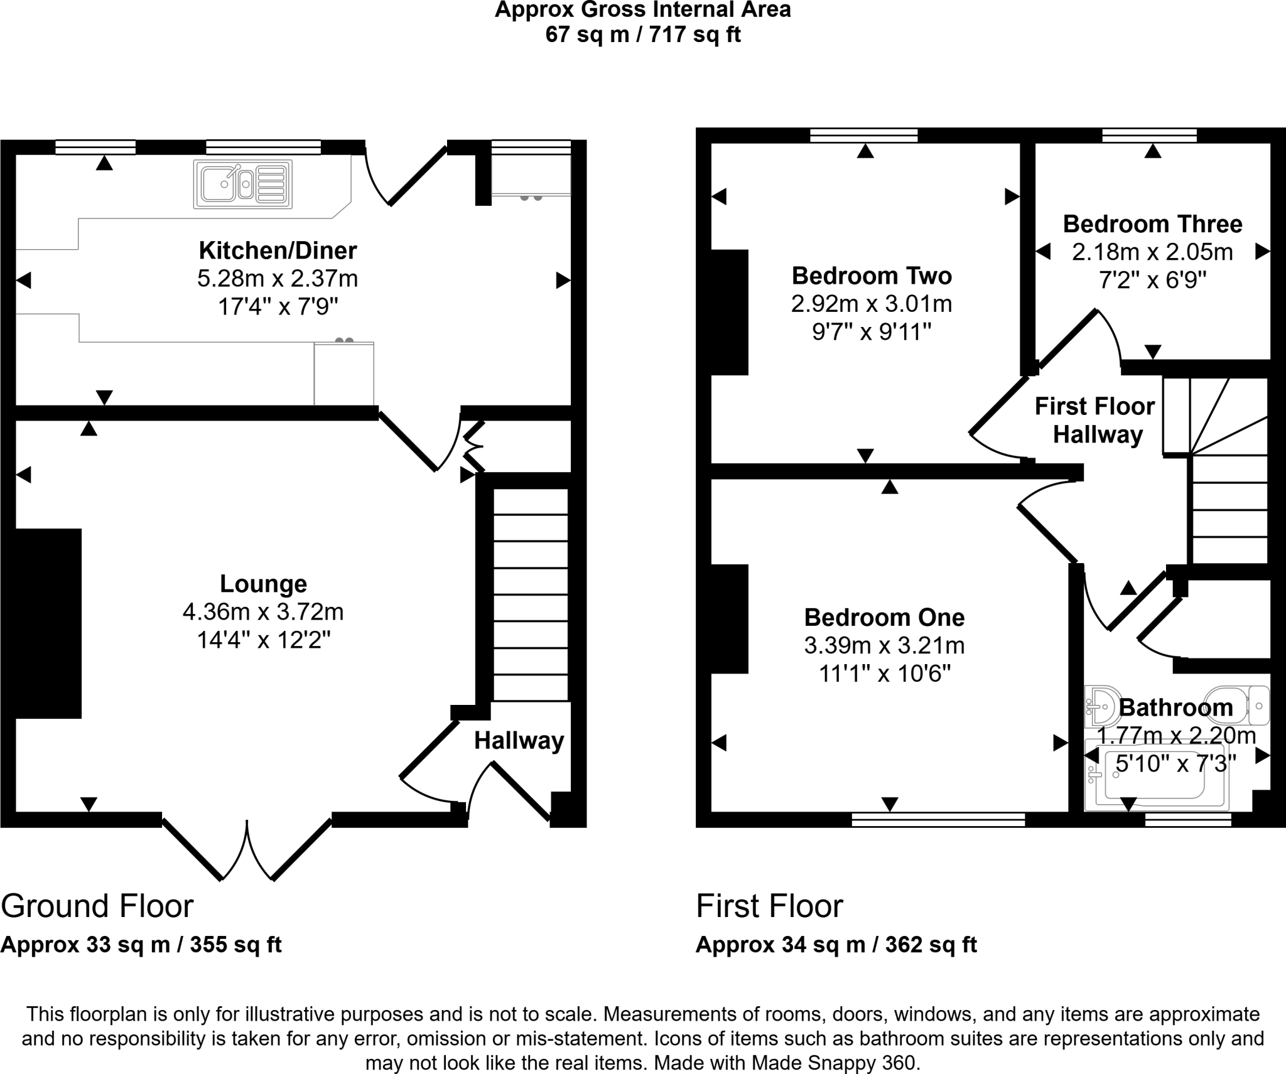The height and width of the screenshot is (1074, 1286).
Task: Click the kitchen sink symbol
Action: [x=242, y=184]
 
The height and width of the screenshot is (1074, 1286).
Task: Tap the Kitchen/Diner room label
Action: [x=278, y=250]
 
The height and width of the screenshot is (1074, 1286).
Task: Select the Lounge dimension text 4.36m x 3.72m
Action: [x=263, y=611]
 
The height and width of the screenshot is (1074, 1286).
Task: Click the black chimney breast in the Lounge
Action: [x=48, y=623]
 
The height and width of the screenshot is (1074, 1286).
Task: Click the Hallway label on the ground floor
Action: [x=519, y=741]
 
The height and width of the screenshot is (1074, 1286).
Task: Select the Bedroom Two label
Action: [x=872, y=276]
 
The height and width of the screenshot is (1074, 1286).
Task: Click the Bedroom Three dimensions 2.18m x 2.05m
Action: [x=1152, y=252]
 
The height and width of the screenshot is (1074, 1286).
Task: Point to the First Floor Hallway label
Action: [x=1095, y=420]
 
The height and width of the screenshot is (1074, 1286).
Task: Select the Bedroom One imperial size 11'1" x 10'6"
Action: [x=884, y=674]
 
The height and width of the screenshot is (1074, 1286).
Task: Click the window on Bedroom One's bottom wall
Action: [x=938, y=819]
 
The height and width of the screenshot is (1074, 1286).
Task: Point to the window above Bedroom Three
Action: [x=1149, y=135]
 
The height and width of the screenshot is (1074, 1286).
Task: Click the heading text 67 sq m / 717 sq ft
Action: [x=643, y=35]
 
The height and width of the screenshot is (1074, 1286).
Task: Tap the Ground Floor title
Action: [x=97, y=906]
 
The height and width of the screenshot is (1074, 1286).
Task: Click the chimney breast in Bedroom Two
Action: [x=730, y=312]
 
